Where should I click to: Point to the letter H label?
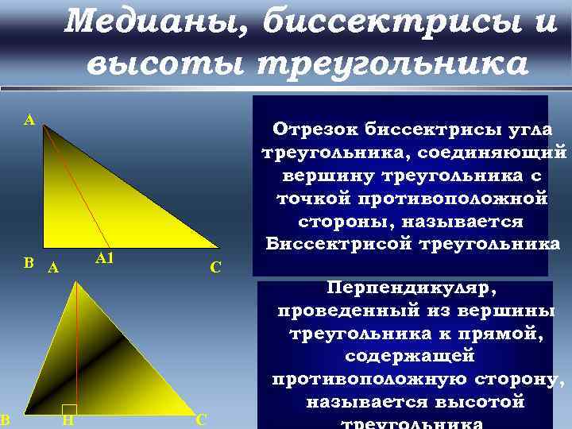tap(68, 419)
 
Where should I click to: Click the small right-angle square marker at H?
tap(69, 408)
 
